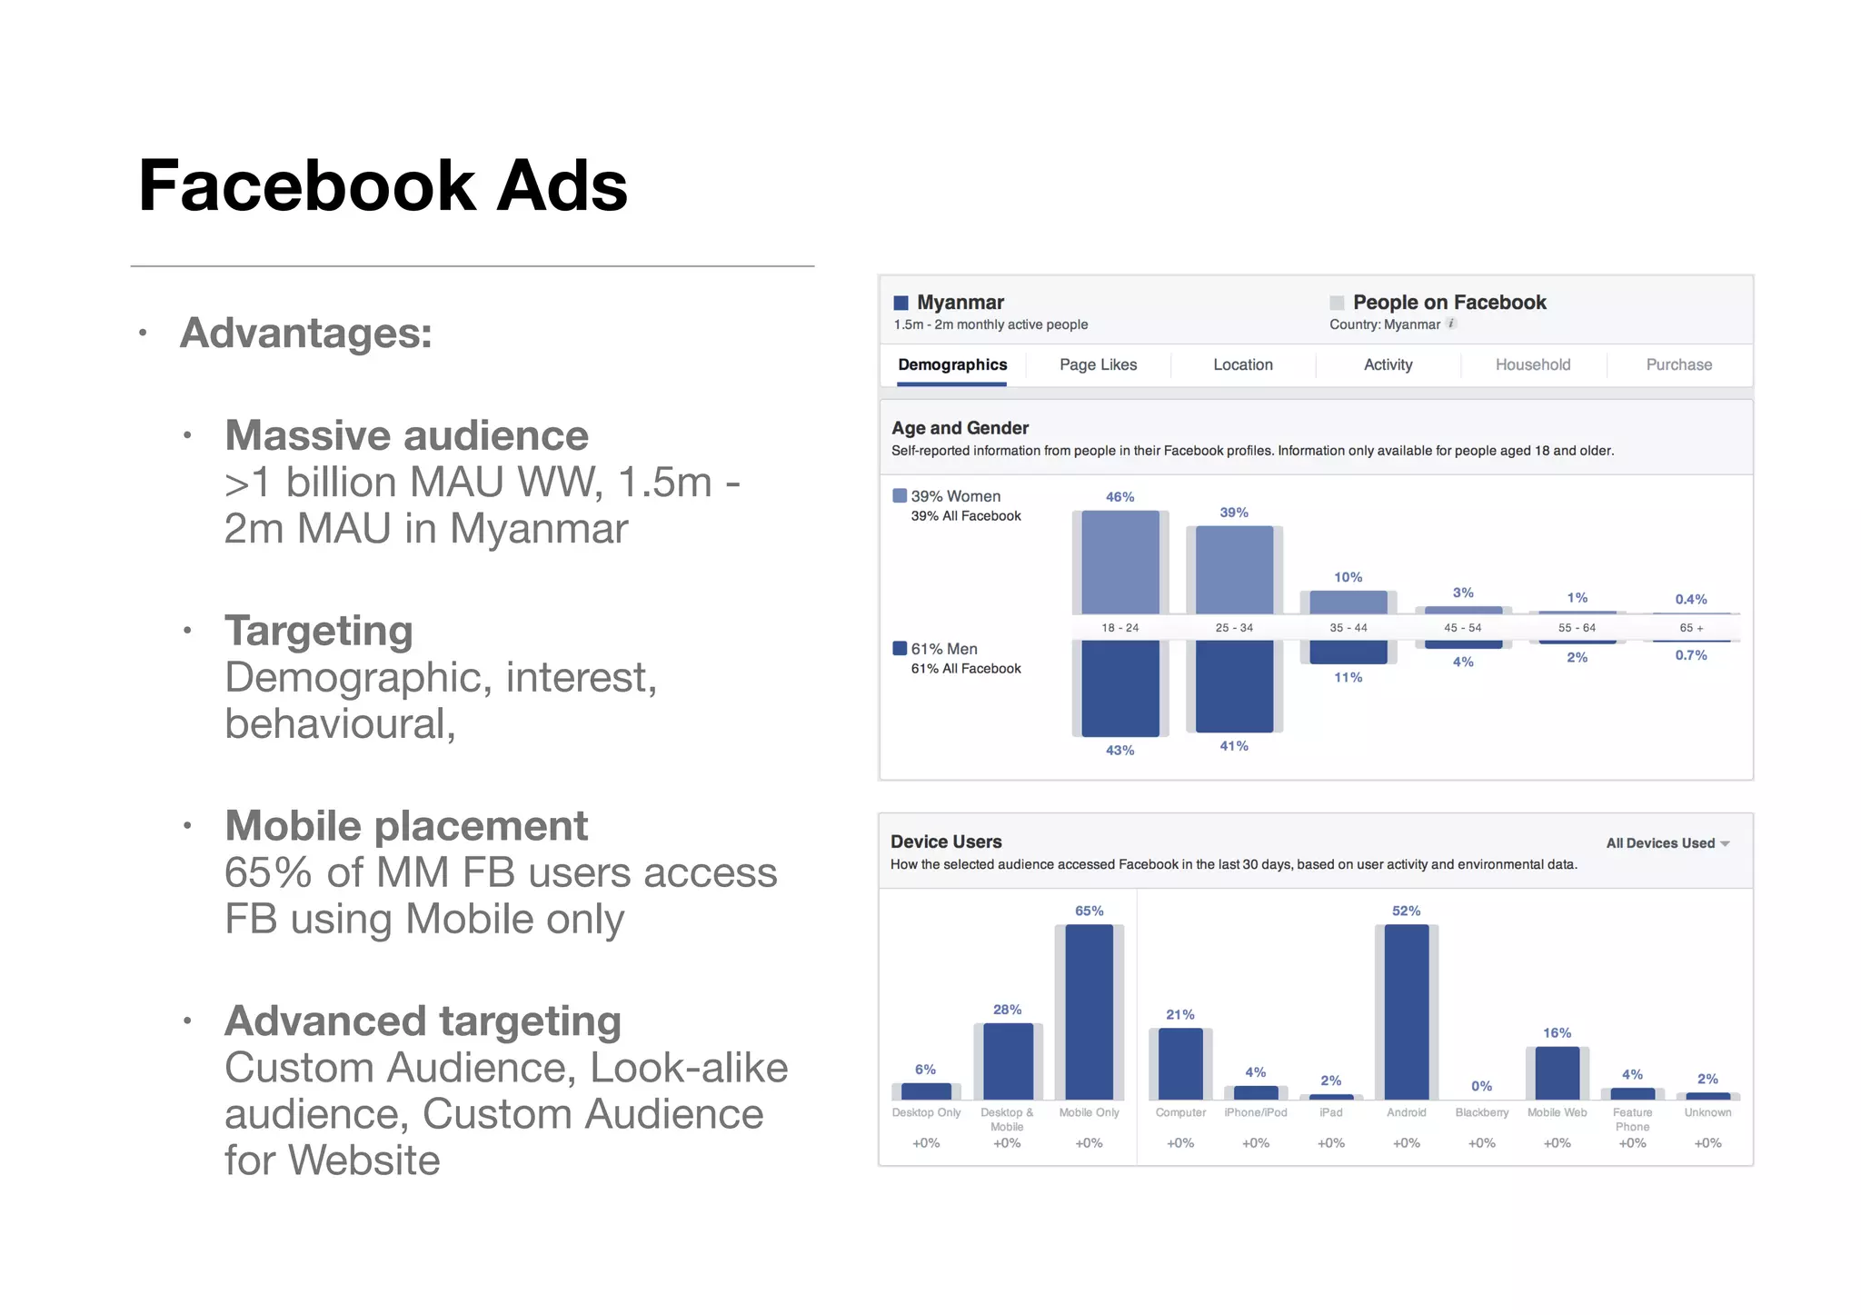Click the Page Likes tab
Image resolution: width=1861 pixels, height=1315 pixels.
coord(1098,364)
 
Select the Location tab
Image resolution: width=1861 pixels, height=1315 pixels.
coord(1242,364)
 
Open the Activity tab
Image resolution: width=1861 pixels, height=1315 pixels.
coord(1388,364)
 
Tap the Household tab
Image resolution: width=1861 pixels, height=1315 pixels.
coord(1532,364)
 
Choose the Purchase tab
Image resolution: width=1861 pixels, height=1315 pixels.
coord(1678,364)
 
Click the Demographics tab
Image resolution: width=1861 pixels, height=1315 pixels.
coord(952,364)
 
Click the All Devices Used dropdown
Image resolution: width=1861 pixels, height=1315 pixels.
coord(1667,843)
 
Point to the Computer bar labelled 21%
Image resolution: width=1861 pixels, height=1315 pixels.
coord(1180,1063)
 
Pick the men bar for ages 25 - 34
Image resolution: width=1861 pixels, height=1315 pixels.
coord(1234,686)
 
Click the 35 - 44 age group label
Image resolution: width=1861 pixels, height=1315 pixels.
coord(1348,628)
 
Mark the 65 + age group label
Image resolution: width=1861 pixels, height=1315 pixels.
coord(1691,628)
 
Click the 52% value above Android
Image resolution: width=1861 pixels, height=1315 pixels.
coord(1406,911)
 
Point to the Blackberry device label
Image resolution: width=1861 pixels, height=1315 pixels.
coord(1481,1112)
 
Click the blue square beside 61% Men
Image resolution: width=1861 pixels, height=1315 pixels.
coord(900,648)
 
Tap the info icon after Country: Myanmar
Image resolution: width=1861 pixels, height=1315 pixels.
coord(1451,324)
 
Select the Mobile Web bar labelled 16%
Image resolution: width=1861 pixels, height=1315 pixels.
coord(1557,1073)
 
